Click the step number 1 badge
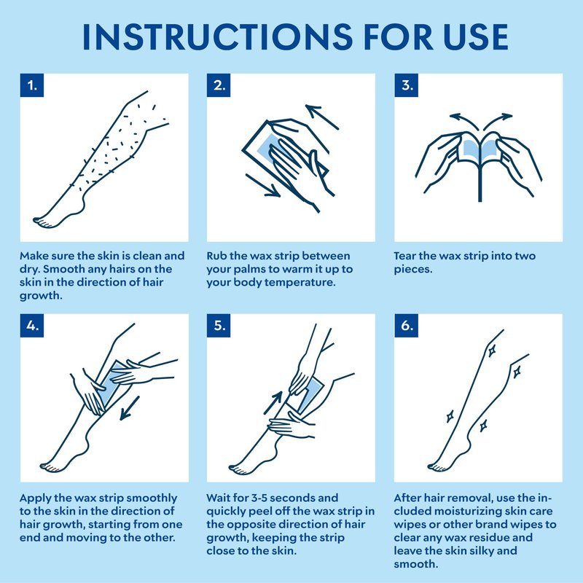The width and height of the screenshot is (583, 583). pos(32,85)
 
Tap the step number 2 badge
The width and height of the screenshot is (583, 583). pos(219,85)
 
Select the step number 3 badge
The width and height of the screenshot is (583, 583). pos(406,85)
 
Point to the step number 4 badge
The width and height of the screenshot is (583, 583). pos(32,325)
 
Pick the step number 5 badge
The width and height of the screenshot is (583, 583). pos(219,325)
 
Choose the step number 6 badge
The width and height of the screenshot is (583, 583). pos(406,325)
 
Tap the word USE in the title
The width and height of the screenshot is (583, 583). pos(476,36)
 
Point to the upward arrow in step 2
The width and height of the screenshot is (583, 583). pos(322,117)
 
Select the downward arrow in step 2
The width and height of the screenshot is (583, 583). pos(262,185)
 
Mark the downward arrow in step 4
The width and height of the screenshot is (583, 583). pos(130,408)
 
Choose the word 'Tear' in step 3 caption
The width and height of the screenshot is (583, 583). pos(404,256)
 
